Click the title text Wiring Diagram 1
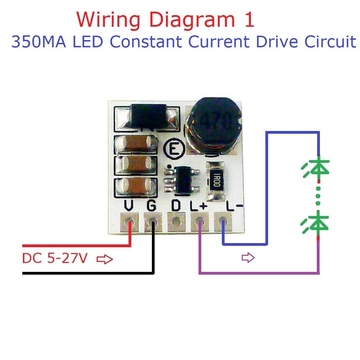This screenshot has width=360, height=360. pyautogui.click(x=166, y=20)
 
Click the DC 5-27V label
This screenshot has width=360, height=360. pyautogui.click(x=55, y=259)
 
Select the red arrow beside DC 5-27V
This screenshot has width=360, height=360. pyautogui.click(x=105, y=260)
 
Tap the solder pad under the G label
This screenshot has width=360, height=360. pyautogui.click(x=153, y=221)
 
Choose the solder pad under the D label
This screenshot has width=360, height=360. pyautogui.click(x=176, y=221)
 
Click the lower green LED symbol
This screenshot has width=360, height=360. pyautogui.click(x=317, y=223)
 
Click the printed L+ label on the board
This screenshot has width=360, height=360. pyautogui.click(x=199, y=206)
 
